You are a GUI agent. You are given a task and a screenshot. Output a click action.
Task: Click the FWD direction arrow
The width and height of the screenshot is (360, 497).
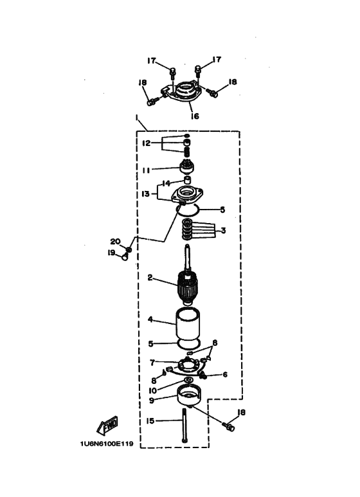point(107,425)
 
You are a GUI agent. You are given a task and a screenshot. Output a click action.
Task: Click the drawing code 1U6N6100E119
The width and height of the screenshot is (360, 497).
point(107,444)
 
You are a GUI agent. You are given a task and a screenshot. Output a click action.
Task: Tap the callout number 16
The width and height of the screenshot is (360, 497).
point(195,116)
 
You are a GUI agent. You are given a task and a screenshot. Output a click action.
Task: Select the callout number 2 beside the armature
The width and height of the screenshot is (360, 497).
point(150,278)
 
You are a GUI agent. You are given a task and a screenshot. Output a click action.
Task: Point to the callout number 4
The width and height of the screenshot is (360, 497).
point(150,319)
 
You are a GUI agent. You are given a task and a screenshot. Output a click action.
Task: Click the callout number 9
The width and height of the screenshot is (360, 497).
point(152,401)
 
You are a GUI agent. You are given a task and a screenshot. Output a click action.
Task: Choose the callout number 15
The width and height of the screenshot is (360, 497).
point(150,421)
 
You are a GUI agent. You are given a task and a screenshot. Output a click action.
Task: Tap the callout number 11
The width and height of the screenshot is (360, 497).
point(146,170)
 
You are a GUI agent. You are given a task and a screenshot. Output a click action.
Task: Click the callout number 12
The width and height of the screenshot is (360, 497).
point(146,143)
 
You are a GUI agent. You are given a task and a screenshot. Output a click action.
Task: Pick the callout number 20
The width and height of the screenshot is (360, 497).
point(115,241)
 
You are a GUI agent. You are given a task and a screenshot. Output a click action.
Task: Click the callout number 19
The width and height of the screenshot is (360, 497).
point(111,253)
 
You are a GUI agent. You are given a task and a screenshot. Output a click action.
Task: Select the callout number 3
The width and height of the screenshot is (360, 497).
point(224,230)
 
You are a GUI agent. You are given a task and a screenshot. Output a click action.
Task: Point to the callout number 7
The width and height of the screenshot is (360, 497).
point(152,362)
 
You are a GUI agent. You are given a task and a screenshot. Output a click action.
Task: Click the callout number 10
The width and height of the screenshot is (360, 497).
point(153,390)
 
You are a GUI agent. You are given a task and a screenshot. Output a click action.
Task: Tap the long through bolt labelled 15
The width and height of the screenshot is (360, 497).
point(184,426)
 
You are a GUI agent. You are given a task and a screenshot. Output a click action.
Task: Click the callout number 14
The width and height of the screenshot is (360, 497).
point(166,183)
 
